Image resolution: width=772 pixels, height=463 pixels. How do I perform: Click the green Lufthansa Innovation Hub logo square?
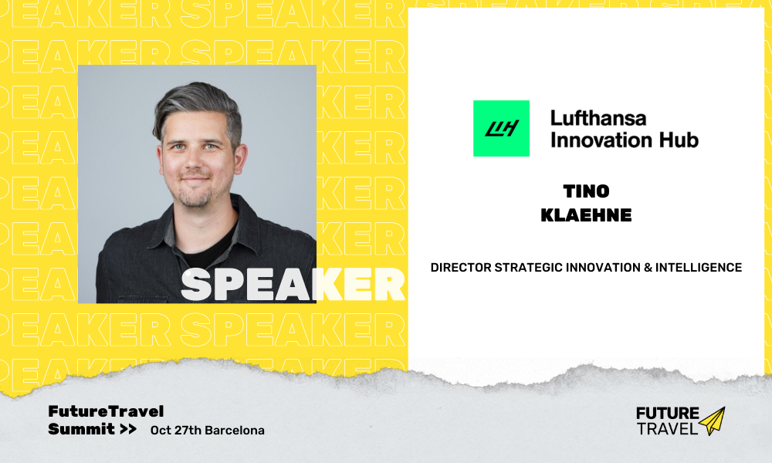click(x=501, y=128)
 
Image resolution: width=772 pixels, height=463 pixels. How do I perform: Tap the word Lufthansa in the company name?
click(x=598, y=119)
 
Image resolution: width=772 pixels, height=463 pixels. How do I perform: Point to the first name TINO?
click(x=587, y=191)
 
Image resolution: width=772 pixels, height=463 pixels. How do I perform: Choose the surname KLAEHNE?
click(x=586, y=215)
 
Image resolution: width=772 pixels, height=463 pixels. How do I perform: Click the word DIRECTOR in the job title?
click(x=461, y=267)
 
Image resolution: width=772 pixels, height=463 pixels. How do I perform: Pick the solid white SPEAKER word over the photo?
click(x=293, y=284)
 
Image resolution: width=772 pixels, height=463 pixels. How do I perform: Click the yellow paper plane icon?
click(x=712, y=421)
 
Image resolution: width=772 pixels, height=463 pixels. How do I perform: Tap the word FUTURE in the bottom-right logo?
click(x=667, y=414)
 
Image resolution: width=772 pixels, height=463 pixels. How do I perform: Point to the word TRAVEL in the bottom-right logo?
click(x=667, y=428)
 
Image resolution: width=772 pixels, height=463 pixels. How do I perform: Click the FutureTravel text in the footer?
click(x=106, y=411)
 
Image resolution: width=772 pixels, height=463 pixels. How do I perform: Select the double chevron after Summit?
click(x=128, y=429)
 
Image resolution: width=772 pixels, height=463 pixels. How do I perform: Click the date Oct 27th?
click(x=176, y=430)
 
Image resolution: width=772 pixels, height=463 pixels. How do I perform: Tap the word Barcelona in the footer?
click(x=235, y=430)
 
